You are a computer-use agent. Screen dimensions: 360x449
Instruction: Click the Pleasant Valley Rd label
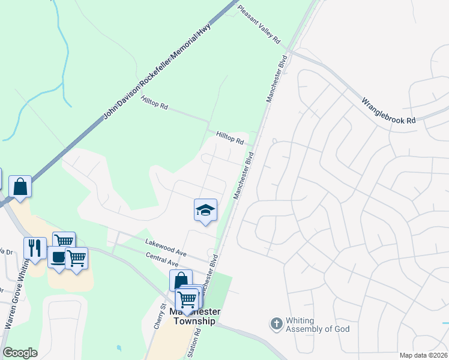click(x=259, y=24)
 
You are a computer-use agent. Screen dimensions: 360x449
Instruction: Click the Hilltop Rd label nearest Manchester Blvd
click(x=230, y=139)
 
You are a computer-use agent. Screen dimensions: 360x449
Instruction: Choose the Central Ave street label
click(x=162, y=260)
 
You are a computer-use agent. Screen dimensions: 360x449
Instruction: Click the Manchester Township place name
click(x=194, y=317)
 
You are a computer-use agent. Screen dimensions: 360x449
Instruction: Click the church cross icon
click(x=276, y=324)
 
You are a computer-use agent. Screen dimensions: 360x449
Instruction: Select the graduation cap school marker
click(x=205, y=210)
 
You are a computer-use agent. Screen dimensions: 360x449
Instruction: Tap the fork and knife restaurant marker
click(x=35, y=247)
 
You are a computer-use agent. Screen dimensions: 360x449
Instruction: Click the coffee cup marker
click(x=58, y=258)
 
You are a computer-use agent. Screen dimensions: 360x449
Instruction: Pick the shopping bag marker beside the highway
click(x=20, y=186)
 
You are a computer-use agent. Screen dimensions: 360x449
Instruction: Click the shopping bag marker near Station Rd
click(x=181, y=280)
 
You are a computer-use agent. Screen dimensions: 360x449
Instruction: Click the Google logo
click(x=20, y=353)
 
